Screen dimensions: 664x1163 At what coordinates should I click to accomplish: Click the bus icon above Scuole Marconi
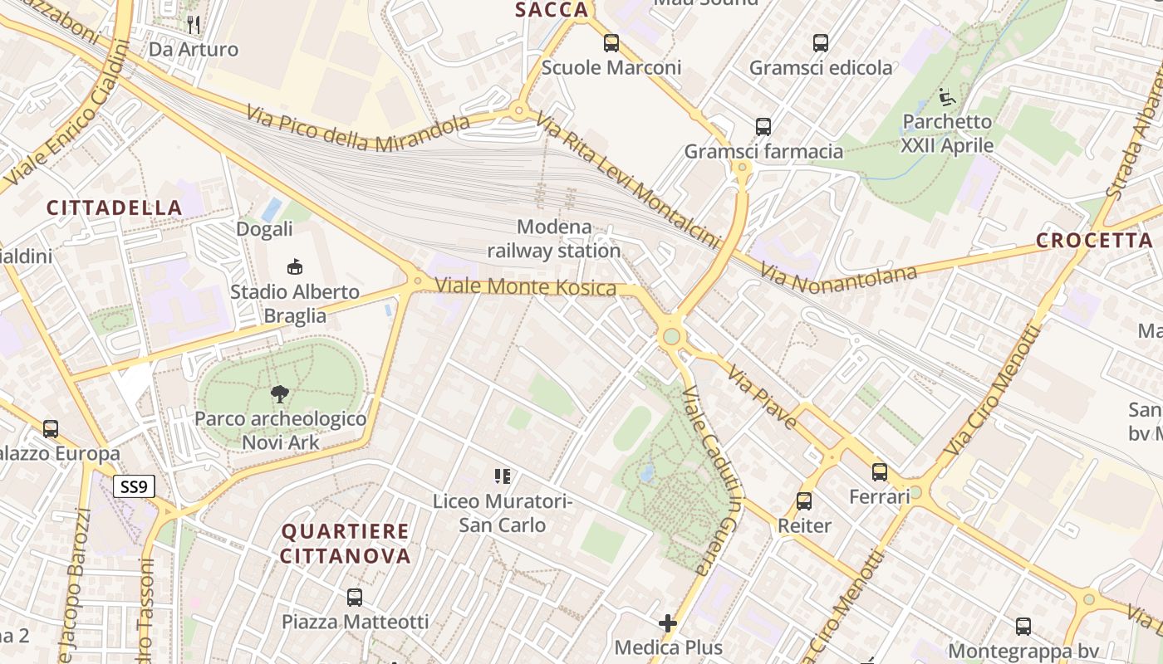point(611,43)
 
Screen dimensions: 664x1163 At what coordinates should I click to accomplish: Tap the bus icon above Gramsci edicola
point(821,43)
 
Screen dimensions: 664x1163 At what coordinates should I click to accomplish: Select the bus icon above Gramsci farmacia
point(763,127)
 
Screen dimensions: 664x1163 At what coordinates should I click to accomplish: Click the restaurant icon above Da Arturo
point(194,24)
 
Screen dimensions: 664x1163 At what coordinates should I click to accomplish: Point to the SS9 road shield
point(134,486)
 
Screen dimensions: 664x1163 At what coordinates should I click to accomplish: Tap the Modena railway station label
point(554,238)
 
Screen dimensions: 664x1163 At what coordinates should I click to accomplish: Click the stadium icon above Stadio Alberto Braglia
point(294,266)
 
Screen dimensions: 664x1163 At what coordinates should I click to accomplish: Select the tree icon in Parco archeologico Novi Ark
point(280,394)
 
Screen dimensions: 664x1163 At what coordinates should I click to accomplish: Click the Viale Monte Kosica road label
point(526,287)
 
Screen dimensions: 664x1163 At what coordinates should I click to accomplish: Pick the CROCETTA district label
point(1094,241)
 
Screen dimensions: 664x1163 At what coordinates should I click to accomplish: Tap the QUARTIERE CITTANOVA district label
point(345,543)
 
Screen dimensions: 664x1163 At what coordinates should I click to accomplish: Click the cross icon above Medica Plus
point(668,623)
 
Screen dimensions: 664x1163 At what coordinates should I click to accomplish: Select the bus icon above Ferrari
point(880,472)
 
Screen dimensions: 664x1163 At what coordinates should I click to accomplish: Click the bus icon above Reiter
point(803,501)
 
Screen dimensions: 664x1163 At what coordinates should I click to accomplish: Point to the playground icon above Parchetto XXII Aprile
point(946,97)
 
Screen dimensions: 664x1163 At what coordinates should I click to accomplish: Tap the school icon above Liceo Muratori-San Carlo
point(503,476)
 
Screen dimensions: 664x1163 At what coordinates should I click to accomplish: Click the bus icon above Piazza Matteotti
point(355,597)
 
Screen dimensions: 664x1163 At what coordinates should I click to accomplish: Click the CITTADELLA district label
point(114,207)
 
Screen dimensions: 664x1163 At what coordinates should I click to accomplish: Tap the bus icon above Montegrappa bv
point(1023,627)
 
